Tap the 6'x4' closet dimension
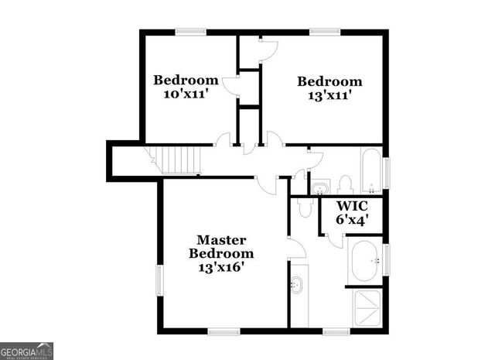[352, 219]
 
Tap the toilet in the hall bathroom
[345, 184]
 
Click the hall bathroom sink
[320, 187]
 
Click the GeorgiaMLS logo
[27, 350]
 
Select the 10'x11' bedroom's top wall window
[188, 32]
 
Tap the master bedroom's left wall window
[160, 280]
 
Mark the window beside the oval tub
[386, 259]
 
